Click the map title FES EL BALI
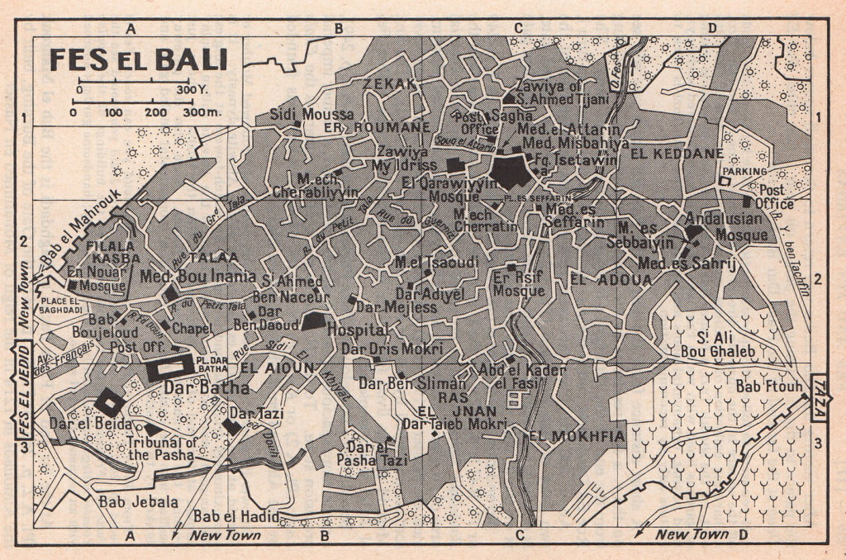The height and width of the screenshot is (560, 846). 138,60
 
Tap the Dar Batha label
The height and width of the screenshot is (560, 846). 197,386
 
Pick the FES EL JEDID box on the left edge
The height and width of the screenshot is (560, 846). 21,393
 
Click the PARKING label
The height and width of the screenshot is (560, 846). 745,171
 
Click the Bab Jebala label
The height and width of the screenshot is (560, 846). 126,501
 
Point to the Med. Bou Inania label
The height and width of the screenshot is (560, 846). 199,275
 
